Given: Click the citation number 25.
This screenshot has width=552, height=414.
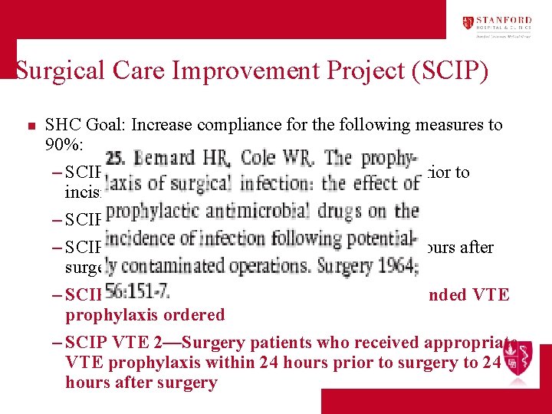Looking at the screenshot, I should tap(119, 159).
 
